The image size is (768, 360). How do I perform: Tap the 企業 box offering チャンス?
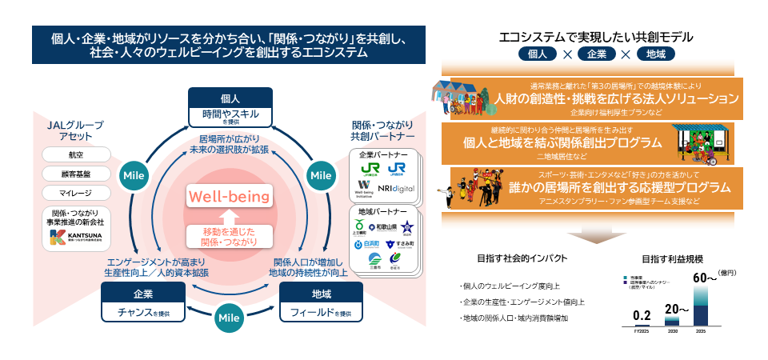click(143, 302)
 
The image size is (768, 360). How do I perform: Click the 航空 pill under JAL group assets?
click(75, 154)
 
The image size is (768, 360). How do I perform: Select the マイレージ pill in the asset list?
click(75, 193)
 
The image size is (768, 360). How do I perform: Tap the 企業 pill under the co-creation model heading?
click(595, 54)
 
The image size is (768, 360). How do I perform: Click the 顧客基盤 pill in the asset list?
click(75, 174)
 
